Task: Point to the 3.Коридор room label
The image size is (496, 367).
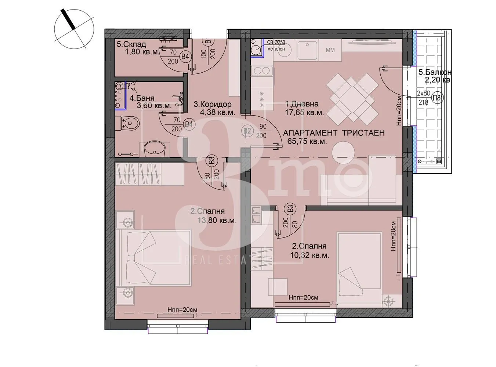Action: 212,105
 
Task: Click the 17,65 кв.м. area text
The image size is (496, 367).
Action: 304,113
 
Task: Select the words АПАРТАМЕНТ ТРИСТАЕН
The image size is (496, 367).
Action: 333,133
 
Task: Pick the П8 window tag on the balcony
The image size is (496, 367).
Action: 436,98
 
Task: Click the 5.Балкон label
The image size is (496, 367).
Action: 435,73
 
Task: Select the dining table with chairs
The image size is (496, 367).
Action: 352,97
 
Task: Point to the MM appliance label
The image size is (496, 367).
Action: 330,50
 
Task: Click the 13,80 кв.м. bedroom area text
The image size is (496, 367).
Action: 217,221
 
